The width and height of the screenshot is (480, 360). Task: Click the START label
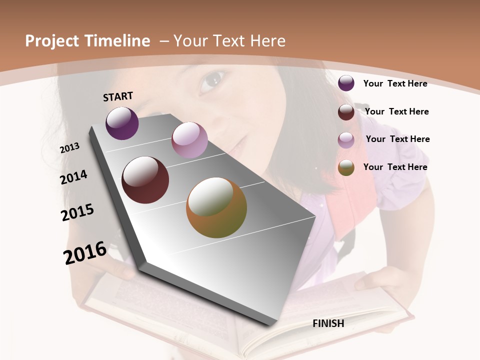pyautogui.click(x=118, y=96)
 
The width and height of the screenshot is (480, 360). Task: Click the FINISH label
pyautogui.click(x=328, y=323)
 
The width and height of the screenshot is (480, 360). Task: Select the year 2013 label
pyautogui.click(x=69, y=148)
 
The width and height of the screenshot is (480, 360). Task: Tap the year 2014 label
pyautogui.click(x=73, y=177)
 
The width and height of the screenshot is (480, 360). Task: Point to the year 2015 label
pyautogui.click(x=77, y=212)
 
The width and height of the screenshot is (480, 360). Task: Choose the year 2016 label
pyautogui.click(x=85, y=252)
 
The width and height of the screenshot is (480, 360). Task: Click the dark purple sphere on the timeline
pyautogui.click(x=122, y=123)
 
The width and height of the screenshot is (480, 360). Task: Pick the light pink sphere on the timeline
pyautogui.click(x=189, y=140)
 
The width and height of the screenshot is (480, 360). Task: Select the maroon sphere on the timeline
pyautogui.click(x=145, y=180)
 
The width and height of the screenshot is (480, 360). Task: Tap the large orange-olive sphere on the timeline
pyautogui.click(x=216, y=207)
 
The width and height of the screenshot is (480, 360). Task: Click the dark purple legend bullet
pyautogui.click(x=346, y=83)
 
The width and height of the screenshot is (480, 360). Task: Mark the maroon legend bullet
pyautogui.click(x=346, y=111)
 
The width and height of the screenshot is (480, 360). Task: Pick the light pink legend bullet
pyautogui.click(x=346, y=139)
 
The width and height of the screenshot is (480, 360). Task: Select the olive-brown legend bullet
pyautogui.click(x=346, y=167)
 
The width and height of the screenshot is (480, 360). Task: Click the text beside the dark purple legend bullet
pyautogui.click(x=395, y=83)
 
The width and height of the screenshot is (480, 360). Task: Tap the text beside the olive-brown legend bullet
pyautogui.click(x=395, y=167)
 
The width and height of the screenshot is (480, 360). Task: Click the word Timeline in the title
pyautogui.click(x=118, y=41)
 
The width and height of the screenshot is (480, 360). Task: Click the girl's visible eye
pyautogui.click(x=212, y=80)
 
